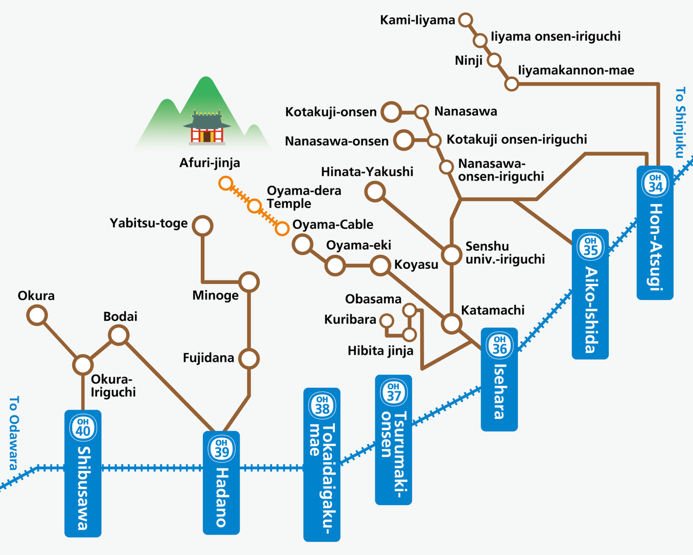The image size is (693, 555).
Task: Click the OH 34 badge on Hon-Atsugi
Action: (x=655, y=183)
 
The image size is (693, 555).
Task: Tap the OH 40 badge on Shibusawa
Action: (x=83, y=427)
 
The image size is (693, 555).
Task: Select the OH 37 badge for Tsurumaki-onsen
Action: (x=394, y=392)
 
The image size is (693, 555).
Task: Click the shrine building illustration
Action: (x=207, y=126)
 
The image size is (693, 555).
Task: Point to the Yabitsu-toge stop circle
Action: (x=203, y=225)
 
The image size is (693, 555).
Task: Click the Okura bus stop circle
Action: (x=37, y=315)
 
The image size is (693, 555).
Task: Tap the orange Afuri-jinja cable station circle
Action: (x=225, y=183)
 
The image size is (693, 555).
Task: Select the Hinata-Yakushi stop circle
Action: (x=375, y=192)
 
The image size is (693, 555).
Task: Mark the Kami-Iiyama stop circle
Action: (x=466, y=20)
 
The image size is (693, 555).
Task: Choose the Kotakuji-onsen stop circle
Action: (x=391, y=112)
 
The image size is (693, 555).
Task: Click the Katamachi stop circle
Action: (x=452, y=324)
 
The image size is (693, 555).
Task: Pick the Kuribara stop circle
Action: (x=387, y=321)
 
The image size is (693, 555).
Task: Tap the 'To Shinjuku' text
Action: (x=680, y=123)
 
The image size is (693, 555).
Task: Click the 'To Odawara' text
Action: (x=14, y=432)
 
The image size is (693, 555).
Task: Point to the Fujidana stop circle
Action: (x=249, y=358)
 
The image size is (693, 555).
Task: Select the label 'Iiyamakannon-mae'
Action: (x=576, y=70)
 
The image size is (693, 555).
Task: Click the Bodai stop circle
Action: (x=119, y=335)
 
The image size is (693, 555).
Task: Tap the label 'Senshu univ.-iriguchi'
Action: (x=505, y=253)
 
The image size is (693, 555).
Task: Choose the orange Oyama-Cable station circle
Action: (x=282, y=228)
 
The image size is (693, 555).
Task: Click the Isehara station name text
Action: (x=499, y=391)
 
